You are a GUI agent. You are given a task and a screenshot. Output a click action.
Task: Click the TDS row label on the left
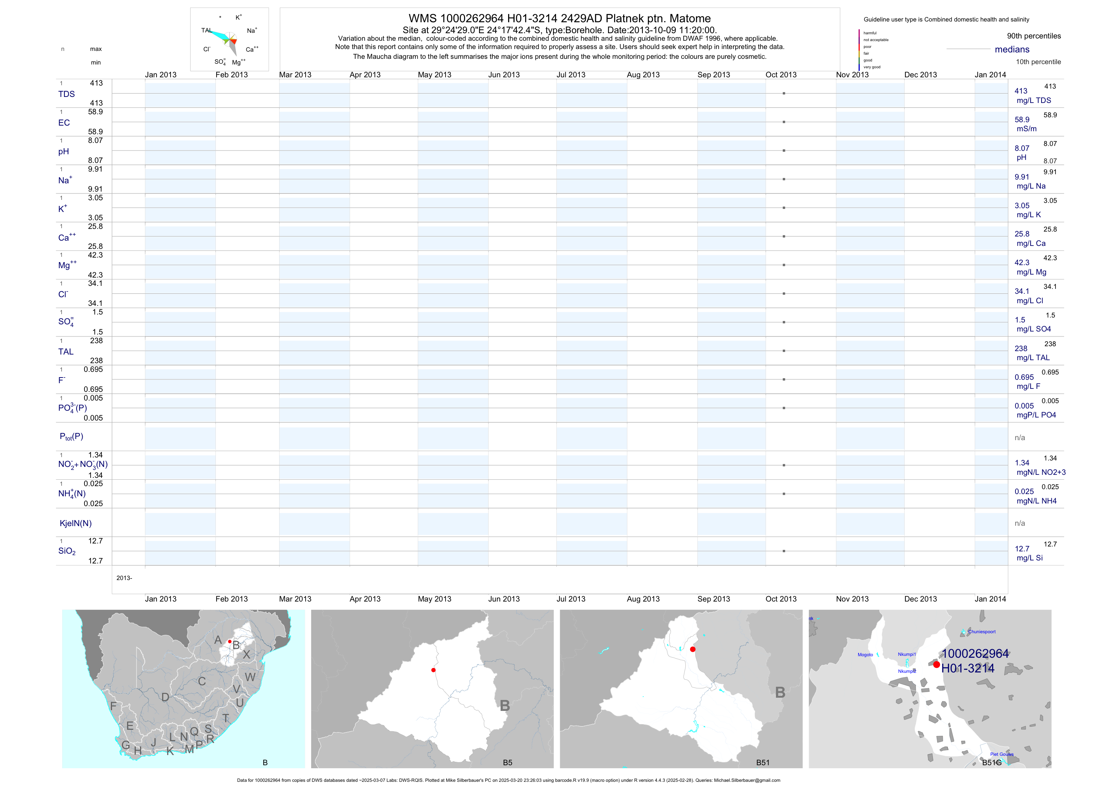click(x=66, y=94)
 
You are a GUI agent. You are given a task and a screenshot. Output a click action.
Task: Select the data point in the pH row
click(x=784, y=151)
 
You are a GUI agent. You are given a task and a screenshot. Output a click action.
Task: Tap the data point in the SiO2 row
click(x=784, y=551)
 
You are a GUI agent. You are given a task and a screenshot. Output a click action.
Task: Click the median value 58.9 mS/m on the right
click(x=1022, y=120)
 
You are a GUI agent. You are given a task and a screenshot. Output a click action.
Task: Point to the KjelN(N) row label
click(x=75, y=523)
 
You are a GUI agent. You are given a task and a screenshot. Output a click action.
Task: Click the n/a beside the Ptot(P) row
click(x=1020, y=438)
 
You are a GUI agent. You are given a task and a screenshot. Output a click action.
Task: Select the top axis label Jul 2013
click(x=571, y=75)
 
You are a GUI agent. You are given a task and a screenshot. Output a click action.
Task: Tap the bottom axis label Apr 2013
click(x=365, y=599)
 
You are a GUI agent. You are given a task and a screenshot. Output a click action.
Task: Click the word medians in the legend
click(x=1012, y=49)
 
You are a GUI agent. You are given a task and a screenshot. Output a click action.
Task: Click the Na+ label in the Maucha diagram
click(x=252, y=31)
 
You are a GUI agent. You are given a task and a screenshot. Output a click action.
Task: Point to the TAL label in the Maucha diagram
click(x=206, y=30)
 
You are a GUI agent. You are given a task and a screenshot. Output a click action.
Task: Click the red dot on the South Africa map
click(x=230, y=641)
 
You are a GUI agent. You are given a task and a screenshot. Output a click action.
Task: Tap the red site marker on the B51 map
click(x=693, y=649)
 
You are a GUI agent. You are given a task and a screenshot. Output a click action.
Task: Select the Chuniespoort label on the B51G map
click(x=982, y=632)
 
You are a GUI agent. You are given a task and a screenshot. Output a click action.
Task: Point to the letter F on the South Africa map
click(x=113, y=706)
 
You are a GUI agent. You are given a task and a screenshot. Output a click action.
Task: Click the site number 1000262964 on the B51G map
click(x=975, y=654)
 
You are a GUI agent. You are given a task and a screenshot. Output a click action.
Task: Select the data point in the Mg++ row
click(x=784, y=265)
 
